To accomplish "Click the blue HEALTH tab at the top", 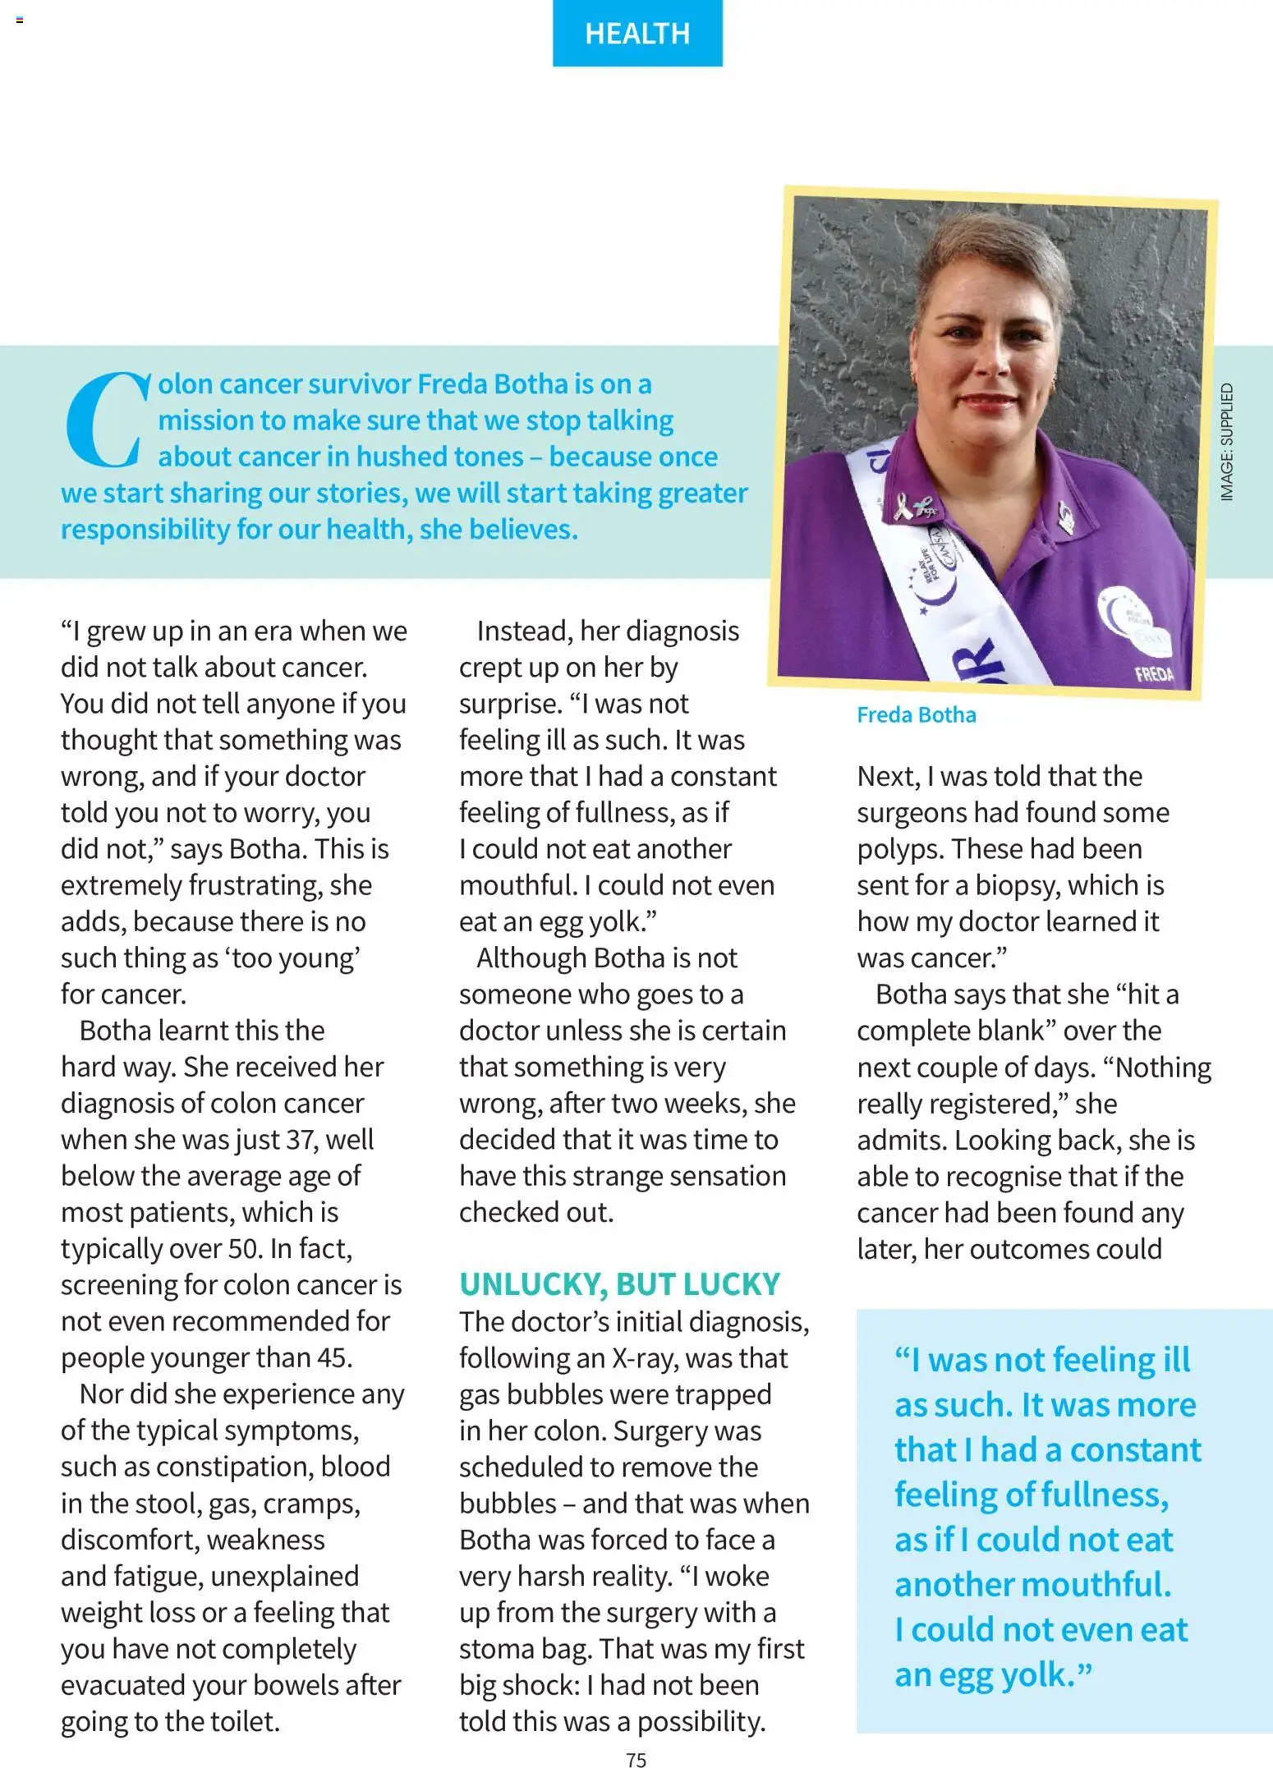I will [x=637, y=33].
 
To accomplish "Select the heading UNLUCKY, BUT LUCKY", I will [x=619, y=1284].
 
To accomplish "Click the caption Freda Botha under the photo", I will [x=916, y=715].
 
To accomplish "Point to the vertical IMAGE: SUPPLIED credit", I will [x=1226, y=443].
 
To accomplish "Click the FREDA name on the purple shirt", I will [x=1154, y=674].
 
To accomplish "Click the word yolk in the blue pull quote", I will [x=1043, y=1674].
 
